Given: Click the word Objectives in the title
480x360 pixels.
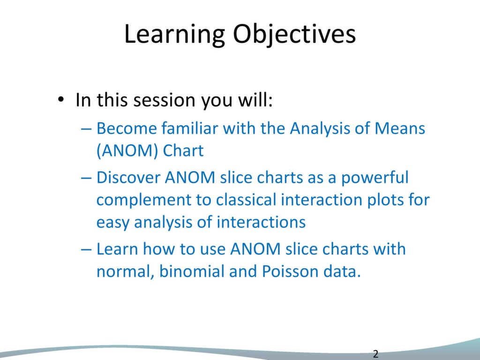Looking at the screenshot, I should pos(294,35).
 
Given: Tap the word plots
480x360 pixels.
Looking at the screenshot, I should pos(386,200).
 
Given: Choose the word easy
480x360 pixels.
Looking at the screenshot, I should pos(113,222).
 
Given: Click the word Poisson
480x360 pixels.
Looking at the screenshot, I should pos(294,271).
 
